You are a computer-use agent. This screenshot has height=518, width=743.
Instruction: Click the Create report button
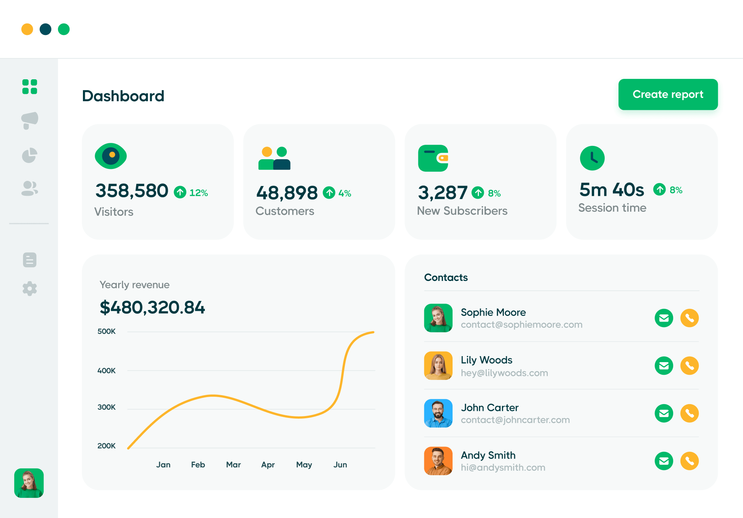coord(668,95)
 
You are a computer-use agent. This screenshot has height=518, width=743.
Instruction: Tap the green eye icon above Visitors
coord(111,156)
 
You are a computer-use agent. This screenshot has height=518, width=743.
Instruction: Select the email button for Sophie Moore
coord(664,318)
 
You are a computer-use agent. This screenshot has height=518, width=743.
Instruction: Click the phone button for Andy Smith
coord(689,461)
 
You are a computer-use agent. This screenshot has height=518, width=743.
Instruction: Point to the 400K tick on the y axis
coord(106,371)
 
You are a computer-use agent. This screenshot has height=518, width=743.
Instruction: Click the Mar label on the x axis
coord(234,465)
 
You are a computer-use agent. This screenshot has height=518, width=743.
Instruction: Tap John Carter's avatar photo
coord(438,413)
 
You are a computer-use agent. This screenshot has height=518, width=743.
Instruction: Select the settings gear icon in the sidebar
coord(30,288)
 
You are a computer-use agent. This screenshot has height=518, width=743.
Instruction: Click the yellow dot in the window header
coord(27,29)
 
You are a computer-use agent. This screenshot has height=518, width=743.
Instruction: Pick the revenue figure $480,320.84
coord(152,307)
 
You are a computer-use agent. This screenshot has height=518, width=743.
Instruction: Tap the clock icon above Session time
coord(592,158)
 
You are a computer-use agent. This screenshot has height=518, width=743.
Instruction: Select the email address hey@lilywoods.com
coord(504,373)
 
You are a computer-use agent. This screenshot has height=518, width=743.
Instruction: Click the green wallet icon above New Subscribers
coord(433,158)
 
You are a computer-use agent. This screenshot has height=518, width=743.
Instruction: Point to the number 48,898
coord(287,193)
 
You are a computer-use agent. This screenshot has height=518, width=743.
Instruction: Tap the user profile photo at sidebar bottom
coord(29,483)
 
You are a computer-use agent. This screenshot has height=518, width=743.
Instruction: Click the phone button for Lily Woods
coord(689,366)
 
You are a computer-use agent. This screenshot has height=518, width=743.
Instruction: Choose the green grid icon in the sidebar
coord(30,87)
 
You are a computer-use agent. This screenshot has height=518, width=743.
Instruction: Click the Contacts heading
coord(446,278)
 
